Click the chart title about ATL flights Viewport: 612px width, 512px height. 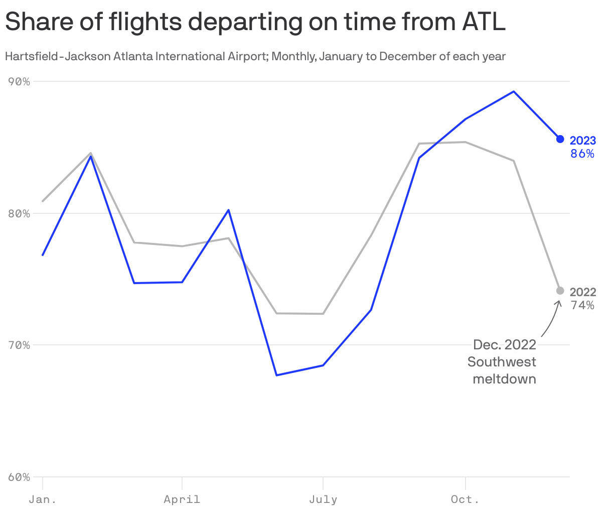coord(255,23)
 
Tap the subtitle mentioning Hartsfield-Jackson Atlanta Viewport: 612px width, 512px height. coord(255,56)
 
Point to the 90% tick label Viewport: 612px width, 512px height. coord(20,81)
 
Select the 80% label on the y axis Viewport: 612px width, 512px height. coord(20,213)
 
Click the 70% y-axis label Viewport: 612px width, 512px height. coord(20,345)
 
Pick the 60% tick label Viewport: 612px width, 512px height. coord(20,477)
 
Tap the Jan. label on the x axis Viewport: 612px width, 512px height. coord(43,499)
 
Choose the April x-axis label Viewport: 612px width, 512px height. coord(182,499)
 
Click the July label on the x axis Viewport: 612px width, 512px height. coord(323,499)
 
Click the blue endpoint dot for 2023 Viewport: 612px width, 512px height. coord(560,139)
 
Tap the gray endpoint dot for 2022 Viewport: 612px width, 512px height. coord(560,291)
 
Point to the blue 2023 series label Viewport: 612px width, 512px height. coord(583,141)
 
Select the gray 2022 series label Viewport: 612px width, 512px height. coord(583,292)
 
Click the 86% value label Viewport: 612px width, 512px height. coord(582,154)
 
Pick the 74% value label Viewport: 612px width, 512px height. coord(582,305)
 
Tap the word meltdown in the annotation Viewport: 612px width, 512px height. coord(504,378)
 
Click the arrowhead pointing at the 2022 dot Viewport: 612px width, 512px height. coord(558,303)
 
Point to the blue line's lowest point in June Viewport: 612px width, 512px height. coord(276,375)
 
